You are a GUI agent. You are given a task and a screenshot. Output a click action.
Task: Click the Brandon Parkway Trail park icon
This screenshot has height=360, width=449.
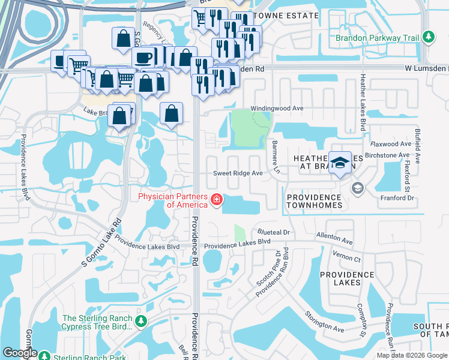[428, 38]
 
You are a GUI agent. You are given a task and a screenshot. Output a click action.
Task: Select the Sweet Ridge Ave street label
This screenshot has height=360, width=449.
[239, 173]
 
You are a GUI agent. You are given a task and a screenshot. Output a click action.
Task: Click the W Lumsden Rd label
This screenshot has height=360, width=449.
[426, 68]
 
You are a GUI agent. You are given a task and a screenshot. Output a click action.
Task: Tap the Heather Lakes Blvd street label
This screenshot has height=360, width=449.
[363, 103]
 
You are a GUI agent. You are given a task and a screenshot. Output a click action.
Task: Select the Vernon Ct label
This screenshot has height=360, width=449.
[349, 259]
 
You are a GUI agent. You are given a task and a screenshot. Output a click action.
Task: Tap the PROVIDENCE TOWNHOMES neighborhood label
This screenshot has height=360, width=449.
[314, 201]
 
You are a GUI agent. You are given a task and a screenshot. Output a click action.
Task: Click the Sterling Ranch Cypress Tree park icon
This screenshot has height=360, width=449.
[141, 322]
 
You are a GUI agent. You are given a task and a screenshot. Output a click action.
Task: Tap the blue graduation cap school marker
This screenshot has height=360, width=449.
[340, 163]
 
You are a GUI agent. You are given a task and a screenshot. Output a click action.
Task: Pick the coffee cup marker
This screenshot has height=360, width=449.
[143, 58]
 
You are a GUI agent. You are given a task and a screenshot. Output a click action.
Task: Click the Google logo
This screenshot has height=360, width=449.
[20, 353]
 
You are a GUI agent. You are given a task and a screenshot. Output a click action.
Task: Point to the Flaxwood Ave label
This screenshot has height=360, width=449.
[390, 144]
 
